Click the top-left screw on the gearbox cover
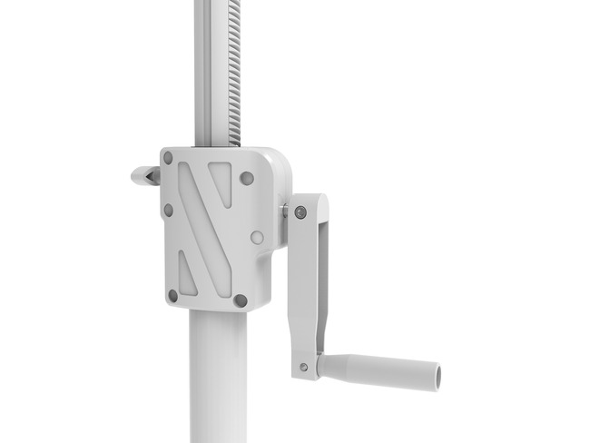(x=168, y=157)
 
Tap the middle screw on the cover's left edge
(x=168, y=210)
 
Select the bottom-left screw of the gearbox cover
(x=172, y=295)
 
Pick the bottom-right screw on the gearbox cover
(x=241, y=300)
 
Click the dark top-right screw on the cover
(x=246, y=178)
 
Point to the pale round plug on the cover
(x=257, y=237)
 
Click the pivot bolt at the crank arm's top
(x=300, y=212)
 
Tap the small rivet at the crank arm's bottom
(x=303, y=368)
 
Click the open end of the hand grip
(x=435, y=371)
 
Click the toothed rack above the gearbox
(x=235, y=73)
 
